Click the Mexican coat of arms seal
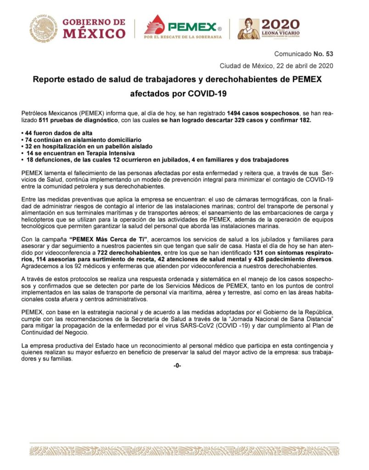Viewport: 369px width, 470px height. tap(44, 28)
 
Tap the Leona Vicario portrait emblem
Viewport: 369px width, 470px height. tap(248, 28)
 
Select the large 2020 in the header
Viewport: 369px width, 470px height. tap(280, 24)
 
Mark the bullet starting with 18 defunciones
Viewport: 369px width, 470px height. tap(156, 159)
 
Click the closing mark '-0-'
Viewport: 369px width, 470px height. tap(177, 366)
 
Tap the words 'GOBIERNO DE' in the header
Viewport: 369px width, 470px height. tap(93, 22)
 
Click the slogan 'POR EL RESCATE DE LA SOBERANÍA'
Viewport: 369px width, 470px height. tap(183, 37)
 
